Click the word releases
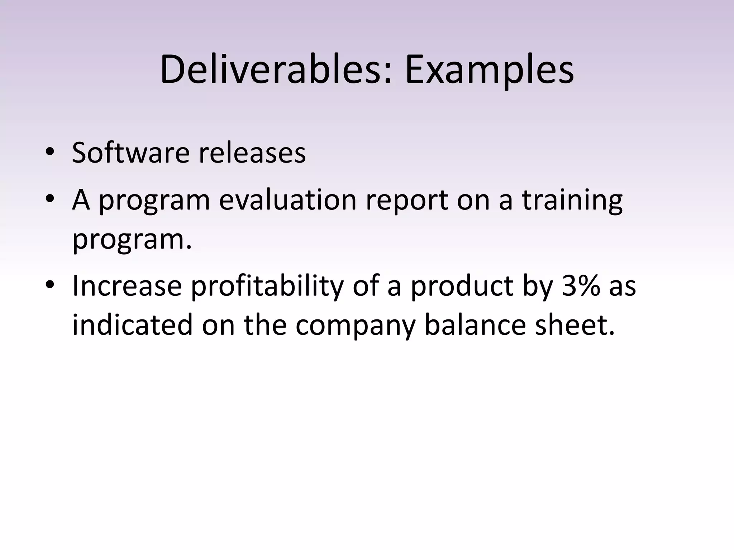tap(252, 153)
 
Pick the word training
tap(572, 201)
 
